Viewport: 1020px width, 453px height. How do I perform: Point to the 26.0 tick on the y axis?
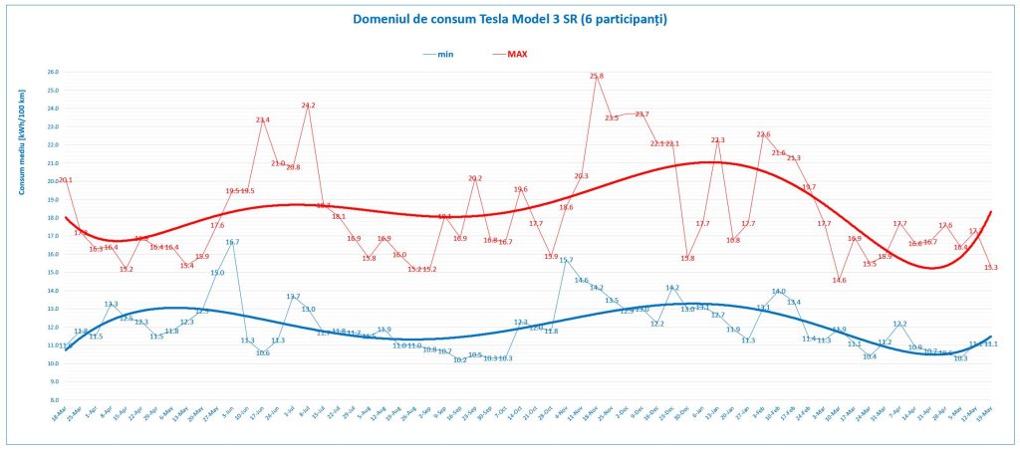53,73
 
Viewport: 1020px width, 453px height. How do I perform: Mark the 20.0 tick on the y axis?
53,181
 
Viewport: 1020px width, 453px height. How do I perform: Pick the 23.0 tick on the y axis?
53,127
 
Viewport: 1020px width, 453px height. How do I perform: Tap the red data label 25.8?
597,76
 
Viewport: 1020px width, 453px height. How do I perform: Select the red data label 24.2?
308,106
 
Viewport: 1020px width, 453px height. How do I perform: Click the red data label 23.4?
263,120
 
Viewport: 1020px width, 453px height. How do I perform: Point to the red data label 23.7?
641,114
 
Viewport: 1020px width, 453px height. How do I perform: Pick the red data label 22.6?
763,134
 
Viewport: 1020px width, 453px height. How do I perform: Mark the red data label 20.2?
475,179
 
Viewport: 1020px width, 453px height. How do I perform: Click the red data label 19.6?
521,189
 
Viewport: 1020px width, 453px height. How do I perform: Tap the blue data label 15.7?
566,260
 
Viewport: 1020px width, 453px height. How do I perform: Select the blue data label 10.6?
263,352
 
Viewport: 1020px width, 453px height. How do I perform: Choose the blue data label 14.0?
779,292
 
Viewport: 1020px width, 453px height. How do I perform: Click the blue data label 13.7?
293,297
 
